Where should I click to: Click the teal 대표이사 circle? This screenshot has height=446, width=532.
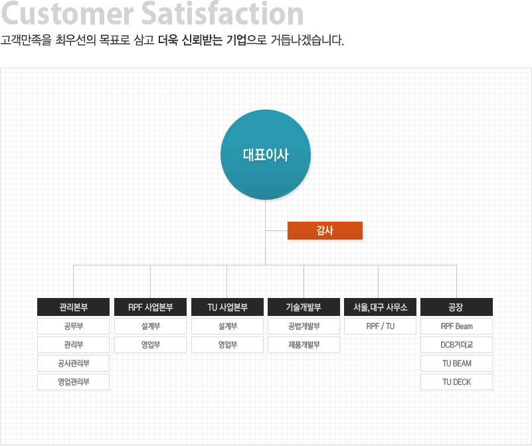point(266,155)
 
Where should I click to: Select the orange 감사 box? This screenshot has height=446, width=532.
point(325,230)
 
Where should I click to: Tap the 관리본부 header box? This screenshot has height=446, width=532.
point(73,307)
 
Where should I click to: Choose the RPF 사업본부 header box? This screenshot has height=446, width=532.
point(150,307)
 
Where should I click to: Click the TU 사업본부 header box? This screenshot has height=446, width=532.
point(227,307)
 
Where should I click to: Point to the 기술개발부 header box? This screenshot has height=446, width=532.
point(304,307)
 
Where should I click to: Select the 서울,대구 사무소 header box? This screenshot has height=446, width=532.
point(380,307)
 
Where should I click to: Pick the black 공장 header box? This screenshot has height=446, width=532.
point(456,307)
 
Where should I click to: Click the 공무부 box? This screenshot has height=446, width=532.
point(73,327)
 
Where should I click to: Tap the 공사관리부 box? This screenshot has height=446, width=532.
point(73,364)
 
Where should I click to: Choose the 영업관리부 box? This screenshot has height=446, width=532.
point(73,382)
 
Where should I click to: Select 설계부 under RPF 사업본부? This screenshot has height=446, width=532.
point(150,327)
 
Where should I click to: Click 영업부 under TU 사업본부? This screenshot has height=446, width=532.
point(227,345)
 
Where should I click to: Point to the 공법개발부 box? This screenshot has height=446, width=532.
point(304,327)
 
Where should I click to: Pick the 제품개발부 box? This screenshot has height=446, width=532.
point(304,345)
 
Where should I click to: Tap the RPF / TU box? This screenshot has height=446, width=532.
point(380,327)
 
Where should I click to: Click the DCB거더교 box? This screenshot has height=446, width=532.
point(456,345)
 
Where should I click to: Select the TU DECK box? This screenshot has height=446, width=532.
point(456,382)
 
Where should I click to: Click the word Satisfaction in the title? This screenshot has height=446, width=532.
point(222,13)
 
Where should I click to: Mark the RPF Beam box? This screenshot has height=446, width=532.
point(456,327)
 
